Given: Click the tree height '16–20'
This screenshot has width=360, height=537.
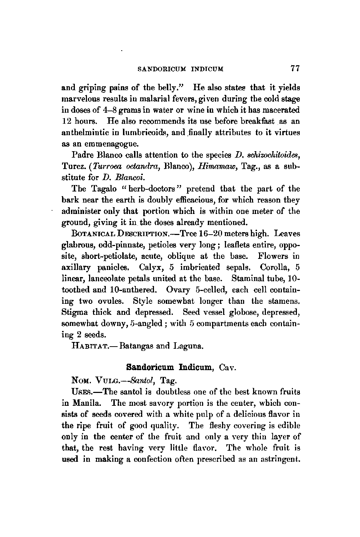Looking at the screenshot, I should [x=207, y=234].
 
